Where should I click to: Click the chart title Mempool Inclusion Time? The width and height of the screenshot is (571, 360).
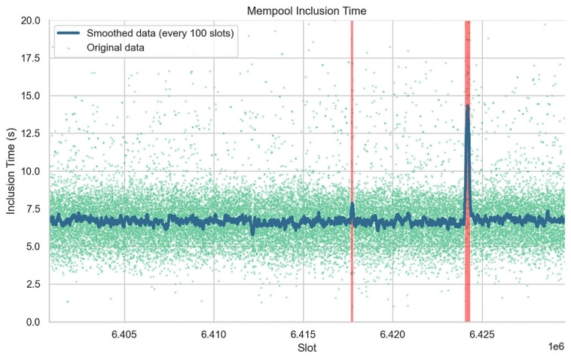(307, 10)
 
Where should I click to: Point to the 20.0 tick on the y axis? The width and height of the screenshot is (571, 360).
(30, 20)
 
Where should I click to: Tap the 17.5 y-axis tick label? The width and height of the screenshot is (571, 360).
(30, 58)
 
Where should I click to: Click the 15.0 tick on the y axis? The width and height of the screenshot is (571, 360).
(30, 96)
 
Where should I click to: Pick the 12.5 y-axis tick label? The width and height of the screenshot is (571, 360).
(30, 133)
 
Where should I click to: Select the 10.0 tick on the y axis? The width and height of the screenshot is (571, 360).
(30, 171)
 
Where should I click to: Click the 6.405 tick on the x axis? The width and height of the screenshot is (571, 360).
(124, 334)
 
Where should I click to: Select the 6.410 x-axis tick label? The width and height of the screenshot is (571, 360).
(214, 334)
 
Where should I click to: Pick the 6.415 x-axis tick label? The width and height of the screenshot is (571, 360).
(303, 334)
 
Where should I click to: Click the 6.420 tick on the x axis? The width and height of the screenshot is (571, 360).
(392, 334)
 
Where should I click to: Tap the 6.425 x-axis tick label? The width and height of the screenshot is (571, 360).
(482, 334)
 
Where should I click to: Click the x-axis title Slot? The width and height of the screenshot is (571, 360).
(307, 348)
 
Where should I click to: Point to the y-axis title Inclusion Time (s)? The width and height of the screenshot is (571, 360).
(11, 171)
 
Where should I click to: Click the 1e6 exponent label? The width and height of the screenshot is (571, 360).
(555, 346)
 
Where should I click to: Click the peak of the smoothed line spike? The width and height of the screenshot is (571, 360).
(467, 106)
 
